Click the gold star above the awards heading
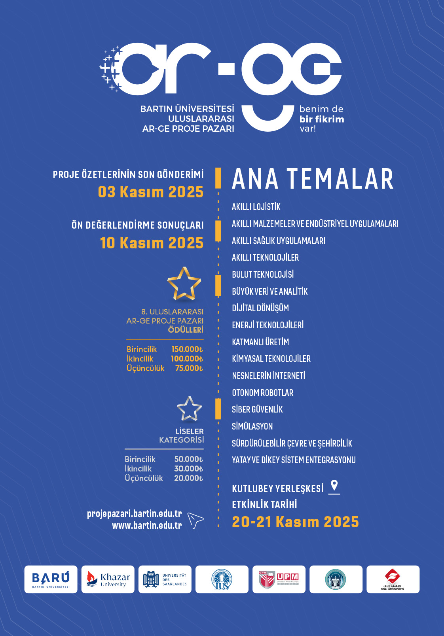pyautogui.click(x=184, y=284)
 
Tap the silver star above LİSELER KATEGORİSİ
pyautogui.click(x=189, y=409)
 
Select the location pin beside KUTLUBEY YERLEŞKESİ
pyautogui.click(x=334, y=486)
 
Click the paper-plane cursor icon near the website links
pyautogui.click(x=195, y=520)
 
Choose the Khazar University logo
pyautogui.click(x=108, y=579)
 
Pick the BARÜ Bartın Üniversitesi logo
pyautogui.click(x=51, y=579)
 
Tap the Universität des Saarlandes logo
pyautogui.click(x=165, y=579)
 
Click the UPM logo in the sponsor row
pyautogui.click(x=279, y=579)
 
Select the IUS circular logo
pyautogui.click(x=222, y=579)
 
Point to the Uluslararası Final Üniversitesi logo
pyautogui.click(x=393, y=579)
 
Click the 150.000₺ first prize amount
pyautogui.click(x=187, y=349)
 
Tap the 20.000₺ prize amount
pyautogui.click(x=189, y=478)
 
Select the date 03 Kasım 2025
pyautogui.click(x=151, y=192)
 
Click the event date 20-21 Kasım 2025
pyautogui.click(x=295, y=522)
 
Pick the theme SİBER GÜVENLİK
pyautogui.click(x=257, y=409)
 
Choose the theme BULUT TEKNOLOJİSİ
pyautogui.click(x=263, y=274)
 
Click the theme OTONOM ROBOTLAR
pyautogui.click(x=263, y=393)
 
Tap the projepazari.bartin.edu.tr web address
pyautogui.click(x=135, y=514)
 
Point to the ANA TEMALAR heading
pyautogui.click(x=313, y=179)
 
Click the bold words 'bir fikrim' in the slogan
pyautogui.click(x=322, y=119)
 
